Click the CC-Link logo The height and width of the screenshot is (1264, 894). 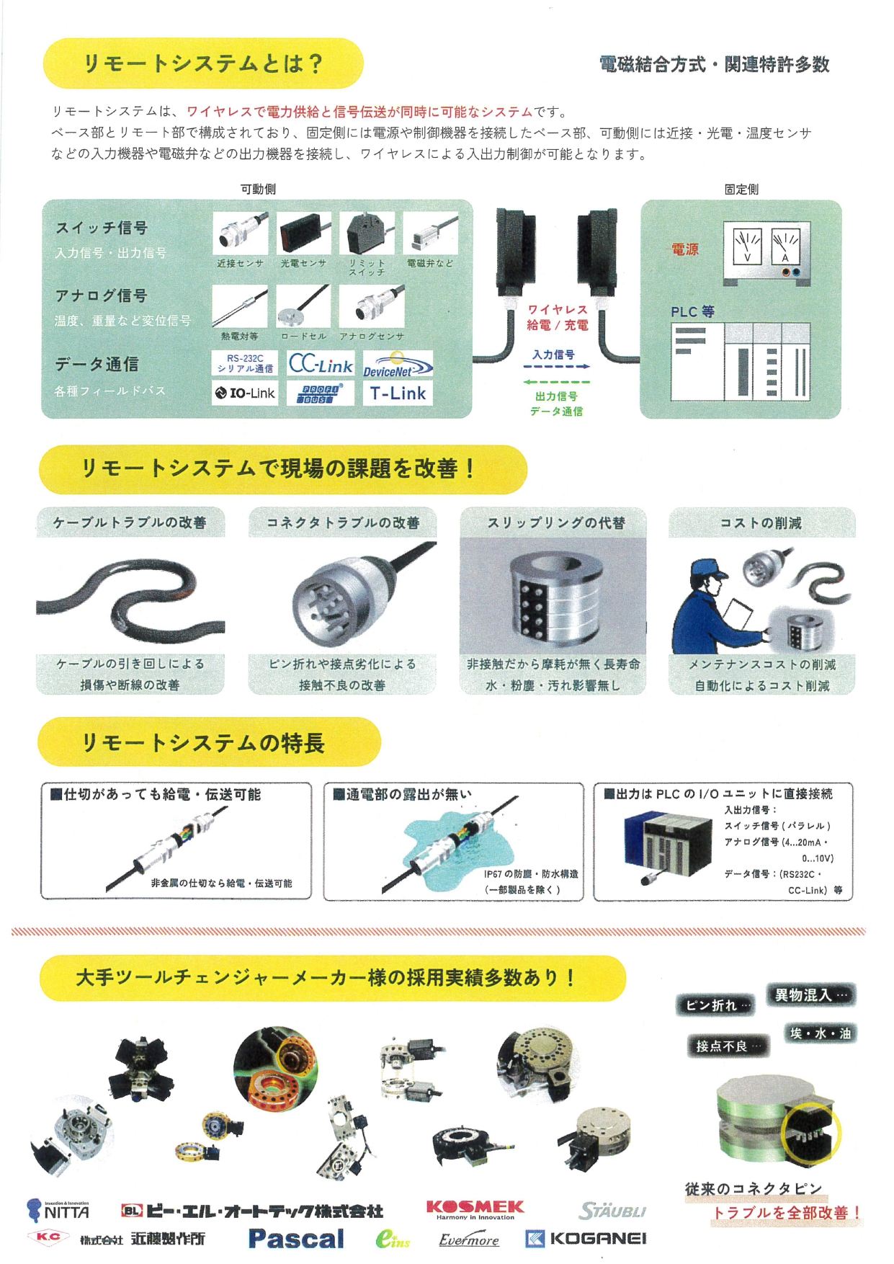[x=321, y=364]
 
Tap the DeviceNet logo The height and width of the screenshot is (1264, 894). [x=398, y=365]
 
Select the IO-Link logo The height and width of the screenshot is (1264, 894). [x=245, y=393]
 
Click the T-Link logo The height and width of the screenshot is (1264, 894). [x=398, y=393]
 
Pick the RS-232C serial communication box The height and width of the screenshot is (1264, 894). [x=245, y=364]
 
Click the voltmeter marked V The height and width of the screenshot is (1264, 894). [x=747, y=245]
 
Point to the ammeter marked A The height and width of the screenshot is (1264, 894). [x=785, y=245]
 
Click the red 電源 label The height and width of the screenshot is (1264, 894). [x=685, y=249]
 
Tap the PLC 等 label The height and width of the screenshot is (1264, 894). [x=692, y=312]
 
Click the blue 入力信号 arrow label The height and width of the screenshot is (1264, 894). [x=553, y=355]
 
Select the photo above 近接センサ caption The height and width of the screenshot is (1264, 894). [x=241, y=233]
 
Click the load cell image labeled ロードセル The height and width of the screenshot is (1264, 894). [x=303, y=306]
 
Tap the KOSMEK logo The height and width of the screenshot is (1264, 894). [x=475, y=1209]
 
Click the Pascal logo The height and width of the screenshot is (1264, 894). [x=296, y=1239]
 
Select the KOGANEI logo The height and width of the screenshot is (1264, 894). [x=586, y=1239]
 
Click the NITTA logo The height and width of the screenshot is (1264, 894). [x=58, y=1211]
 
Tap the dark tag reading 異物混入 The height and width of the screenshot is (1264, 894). [x=810, y=995]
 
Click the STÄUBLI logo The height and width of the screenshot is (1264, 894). [x=612, y=1211]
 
